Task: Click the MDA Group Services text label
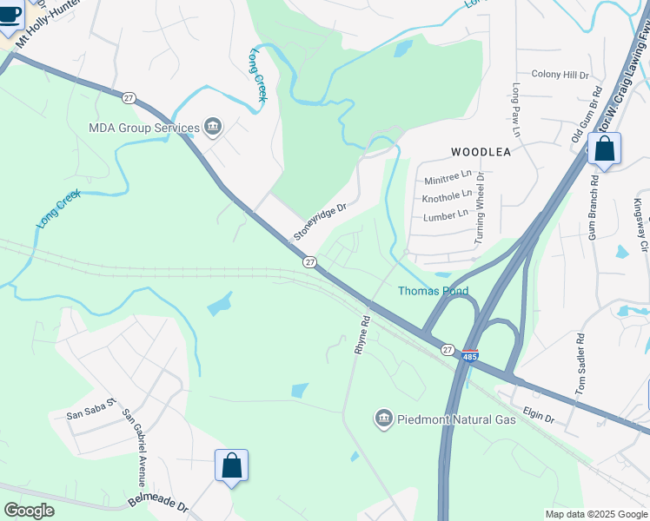(x=143, y=129)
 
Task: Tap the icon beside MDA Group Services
(x=212, y=129)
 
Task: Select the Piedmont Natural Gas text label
(x=456, y=420)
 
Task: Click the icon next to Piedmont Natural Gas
(x=382, y=420)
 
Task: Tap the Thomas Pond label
(x=433, y=292)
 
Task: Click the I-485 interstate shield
(x=470, y=356)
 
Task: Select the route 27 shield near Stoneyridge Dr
(x=309, y=261)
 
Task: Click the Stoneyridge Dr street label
(x=320, y=222)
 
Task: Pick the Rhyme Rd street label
(x=361, y=334)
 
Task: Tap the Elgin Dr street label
(x=538, y=417)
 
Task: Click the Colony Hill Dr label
(x=560, y=76)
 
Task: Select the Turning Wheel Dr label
(x=479, y=207)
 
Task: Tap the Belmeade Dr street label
(x=157, y=505)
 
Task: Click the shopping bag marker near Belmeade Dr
(x=232, y=466)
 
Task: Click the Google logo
(x=29, y=511)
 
